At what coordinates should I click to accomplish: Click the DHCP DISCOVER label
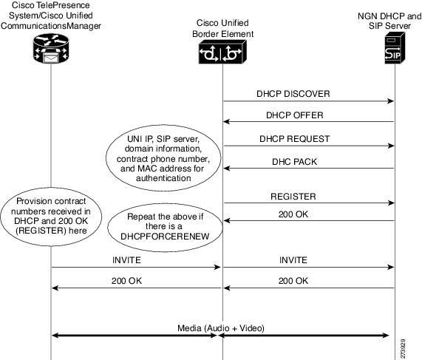pos(293,94)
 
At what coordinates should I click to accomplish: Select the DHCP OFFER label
pos(295,115)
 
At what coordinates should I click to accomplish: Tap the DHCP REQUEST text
pos(294,139)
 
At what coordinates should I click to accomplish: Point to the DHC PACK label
pos(294,162)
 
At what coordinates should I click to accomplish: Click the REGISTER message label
pos(293,197)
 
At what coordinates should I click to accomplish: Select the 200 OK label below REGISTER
pos(293,214)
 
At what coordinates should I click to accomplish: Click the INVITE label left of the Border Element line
pos(126,260)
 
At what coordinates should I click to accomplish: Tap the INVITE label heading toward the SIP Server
pos(293,260)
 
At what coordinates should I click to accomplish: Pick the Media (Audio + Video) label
pos(221,328)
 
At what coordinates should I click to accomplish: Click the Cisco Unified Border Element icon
pos(222,52)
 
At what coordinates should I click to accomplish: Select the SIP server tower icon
pos(395,48)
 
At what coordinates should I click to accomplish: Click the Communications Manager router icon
pos(51,49)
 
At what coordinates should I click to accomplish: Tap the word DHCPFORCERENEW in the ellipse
pos(165,236)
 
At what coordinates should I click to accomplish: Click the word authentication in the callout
pos(163,178)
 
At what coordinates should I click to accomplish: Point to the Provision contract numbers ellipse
pos(51,217)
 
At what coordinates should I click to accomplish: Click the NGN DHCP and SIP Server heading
pos(389,21)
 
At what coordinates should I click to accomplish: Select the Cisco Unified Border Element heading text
pos(222,29)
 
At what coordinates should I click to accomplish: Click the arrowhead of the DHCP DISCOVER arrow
pos(390,101)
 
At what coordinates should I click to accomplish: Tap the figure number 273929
pos(403,348)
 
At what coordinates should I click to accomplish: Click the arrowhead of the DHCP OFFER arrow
pos(227,122)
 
